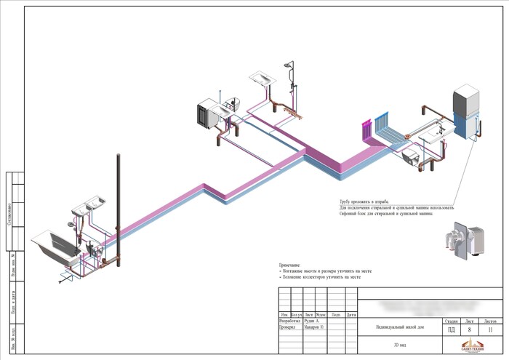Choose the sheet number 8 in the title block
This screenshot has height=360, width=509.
(469, 329)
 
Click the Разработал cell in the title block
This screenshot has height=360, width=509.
(290, 321)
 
